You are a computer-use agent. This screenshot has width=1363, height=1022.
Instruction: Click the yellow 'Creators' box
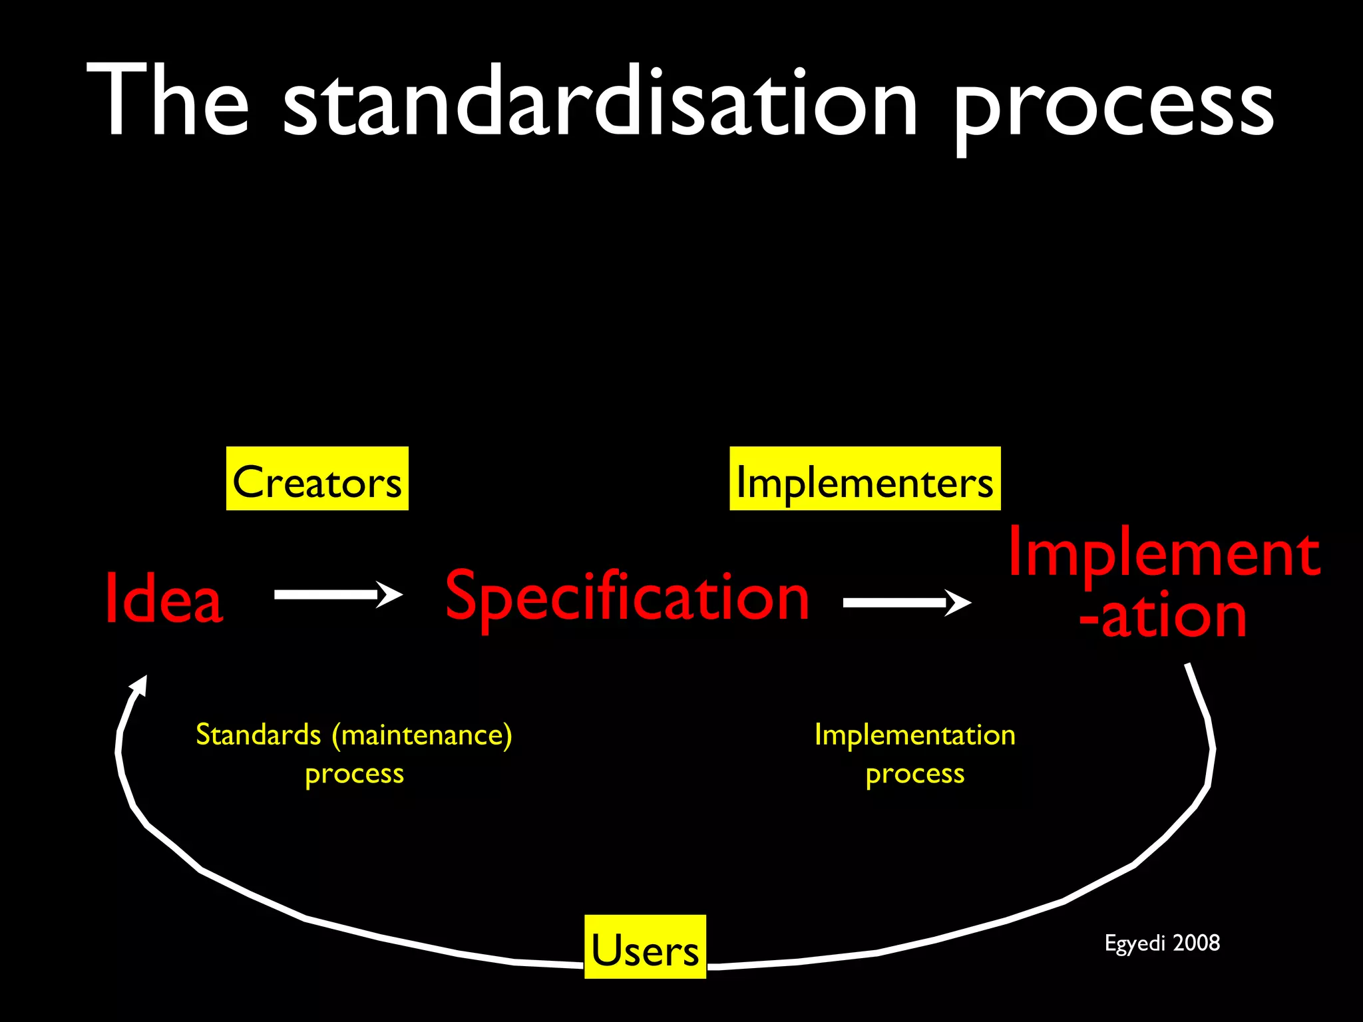point(317,479)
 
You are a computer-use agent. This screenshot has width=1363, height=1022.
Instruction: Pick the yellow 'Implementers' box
point(865,479)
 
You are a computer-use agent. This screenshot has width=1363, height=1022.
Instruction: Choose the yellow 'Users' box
point(645,947)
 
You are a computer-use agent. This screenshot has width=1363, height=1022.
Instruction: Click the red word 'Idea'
point(164,599)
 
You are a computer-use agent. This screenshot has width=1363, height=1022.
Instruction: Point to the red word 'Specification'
point(627,597)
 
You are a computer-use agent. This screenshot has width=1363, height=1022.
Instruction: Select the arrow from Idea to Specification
point(337,594)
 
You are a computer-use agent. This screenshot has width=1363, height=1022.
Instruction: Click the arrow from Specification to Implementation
point(906,603)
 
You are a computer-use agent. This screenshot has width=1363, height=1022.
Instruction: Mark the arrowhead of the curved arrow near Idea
point(140,685)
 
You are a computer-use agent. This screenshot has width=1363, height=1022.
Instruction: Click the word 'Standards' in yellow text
point(258,735)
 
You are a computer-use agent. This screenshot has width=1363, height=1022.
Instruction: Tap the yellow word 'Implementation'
point(914,735)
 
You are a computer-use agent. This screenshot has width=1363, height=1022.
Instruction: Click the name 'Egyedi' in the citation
point(1135,943)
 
